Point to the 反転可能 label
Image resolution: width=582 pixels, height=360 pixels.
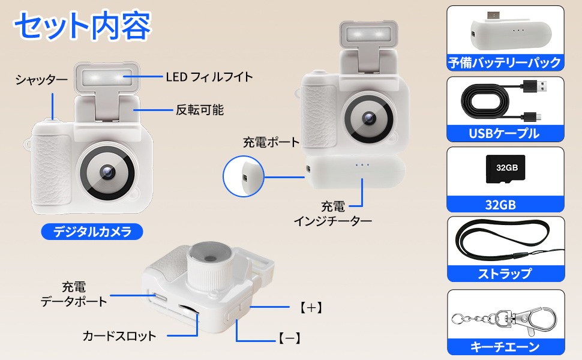pos(199,110)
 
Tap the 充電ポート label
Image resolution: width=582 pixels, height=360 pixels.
pos(271,142)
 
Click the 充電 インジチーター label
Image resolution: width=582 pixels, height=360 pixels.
pos(332,214)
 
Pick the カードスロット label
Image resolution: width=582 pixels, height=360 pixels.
pos(119,335)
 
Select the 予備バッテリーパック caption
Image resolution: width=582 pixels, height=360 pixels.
pos(505,62)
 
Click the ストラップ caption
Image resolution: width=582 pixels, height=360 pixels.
pos(505,274)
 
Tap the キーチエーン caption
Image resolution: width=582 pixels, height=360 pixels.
pos(505,346)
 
